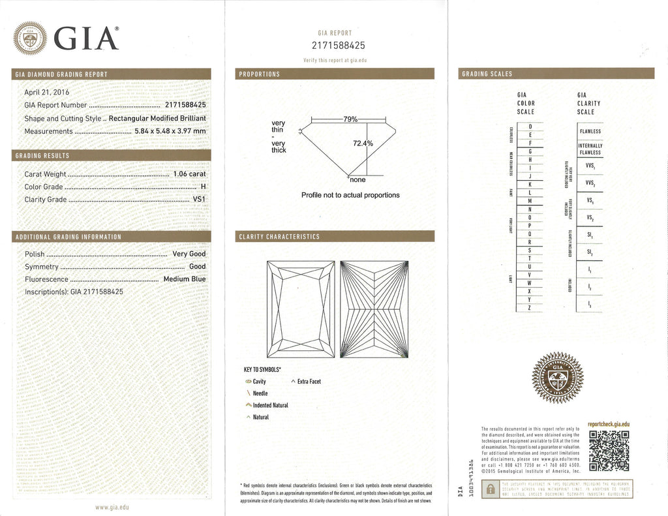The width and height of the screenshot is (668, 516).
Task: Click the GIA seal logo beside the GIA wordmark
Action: point(31,38)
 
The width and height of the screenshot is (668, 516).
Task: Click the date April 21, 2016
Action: point(47,92)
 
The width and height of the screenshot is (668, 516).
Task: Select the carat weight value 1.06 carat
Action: point(189,174)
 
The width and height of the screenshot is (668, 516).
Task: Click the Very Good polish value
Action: point(189,254)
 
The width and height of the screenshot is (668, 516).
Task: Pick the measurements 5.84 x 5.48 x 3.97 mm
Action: point(170,131)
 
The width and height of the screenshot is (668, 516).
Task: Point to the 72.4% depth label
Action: point(363,143)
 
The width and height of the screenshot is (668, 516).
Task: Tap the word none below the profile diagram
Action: point(357,179)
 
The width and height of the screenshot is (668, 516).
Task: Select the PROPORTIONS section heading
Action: point(260,74)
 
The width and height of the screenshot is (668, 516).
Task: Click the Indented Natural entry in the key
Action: point(270,405)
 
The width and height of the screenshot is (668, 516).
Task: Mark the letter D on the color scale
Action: point(530,126)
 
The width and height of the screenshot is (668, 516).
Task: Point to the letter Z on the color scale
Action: point(530,307)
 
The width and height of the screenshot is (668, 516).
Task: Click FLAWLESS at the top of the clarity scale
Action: point(590,131)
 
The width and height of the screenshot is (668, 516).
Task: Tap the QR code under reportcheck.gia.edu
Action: point(608,451)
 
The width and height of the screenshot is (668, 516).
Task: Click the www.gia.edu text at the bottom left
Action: point(112,507)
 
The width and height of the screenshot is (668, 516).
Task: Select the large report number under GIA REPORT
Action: point(335,45)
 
